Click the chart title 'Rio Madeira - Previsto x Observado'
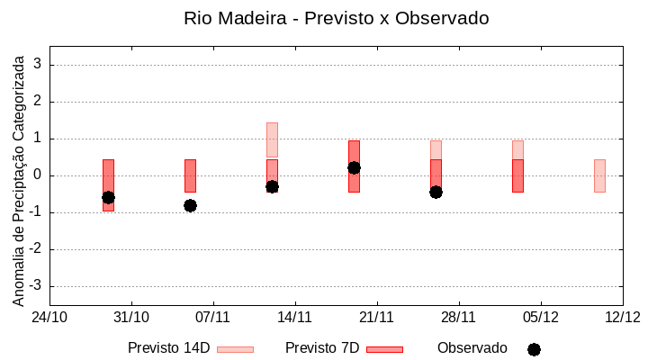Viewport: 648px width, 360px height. click(x=336, y=18)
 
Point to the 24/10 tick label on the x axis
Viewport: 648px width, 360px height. click(x=49, y=318)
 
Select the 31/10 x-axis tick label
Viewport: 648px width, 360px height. click(x=131, y=318)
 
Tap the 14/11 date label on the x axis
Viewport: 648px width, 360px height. click(x=295, y=318)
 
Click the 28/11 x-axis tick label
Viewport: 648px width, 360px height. click(x=459, y=318)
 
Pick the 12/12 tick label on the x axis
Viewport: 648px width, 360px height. click(x=622, y=318)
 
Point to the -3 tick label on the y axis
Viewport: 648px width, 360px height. click(x=36, y=286)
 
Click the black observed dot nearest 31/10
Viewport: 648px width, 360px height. click(x=108, y=197)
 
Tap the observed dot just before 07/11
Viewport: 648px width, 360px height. click(x=190, y=205)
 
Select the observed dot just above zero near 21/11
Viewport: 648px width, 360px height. click(x=354, y=167)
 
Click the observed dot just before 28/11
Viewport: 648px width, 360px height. click(x=436, y=192)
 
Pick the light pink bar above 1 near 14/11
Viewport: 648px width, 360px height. click(x=272, y=139)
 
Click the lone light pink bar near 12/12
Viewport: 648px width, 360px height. click(x=599, y=175)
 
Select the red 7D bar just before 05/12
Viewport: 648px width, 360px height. click(x=517, y=175)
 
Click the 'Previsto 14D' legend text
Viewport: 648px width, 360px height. click(x=168, y=348)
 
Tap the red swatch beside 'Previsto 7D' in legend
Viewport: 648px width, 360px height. click(x=384, y=349)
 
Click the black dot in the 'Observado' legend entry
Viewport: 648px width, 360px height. click(x=534, y=349)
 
